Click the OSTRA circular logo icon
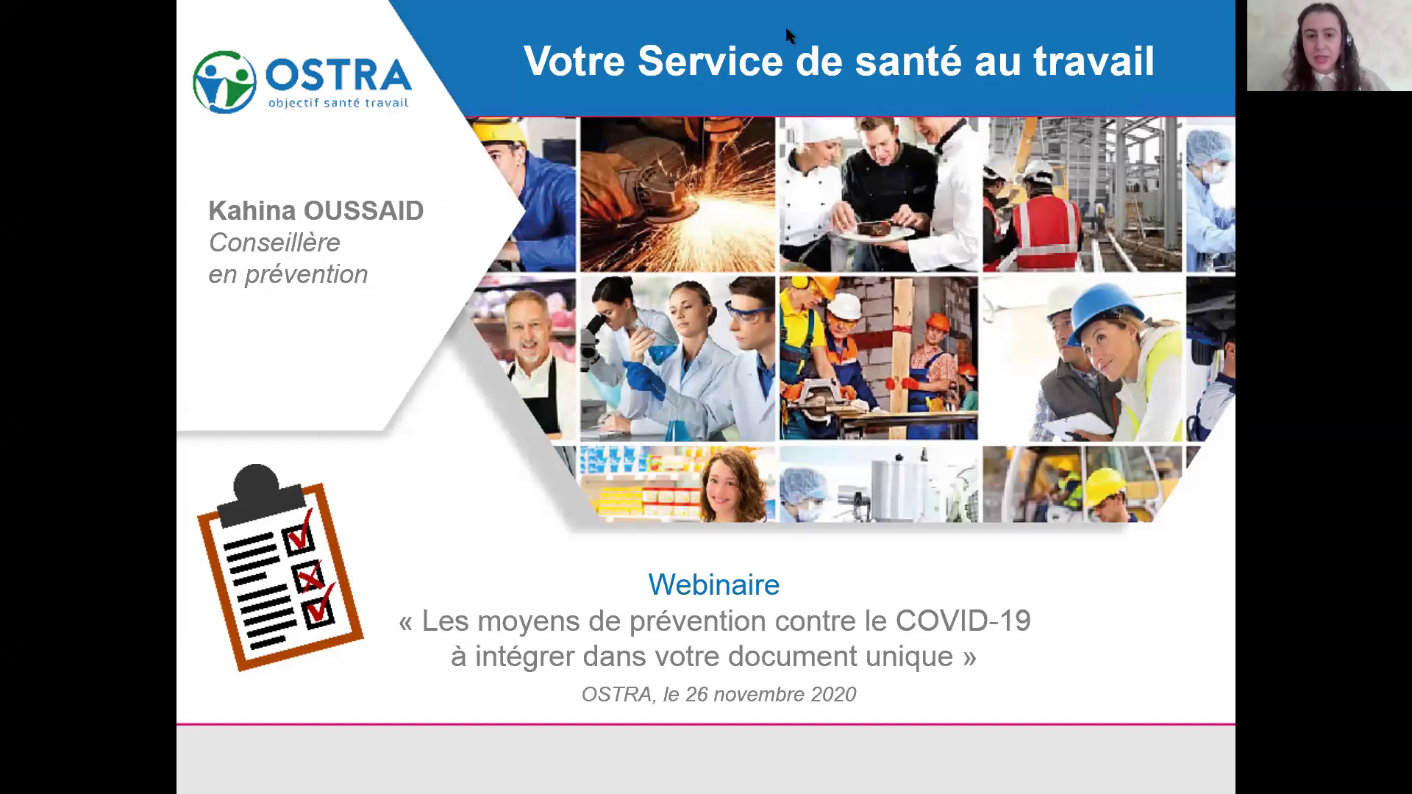tap(224, 82)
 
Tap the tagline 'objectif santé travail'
tap(338, 103)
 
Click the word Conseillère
tap(274, 242)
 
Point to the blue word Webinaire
tap(713, 584)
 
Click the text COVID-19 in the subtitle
tap(963, 620)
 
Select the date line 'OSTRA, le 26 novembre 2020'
tap(719, 694)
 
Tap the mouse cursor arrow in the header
tap(790, 36)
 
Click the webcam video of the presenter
tap(1329, 46)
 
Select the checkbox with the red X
tap(308, 576)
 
